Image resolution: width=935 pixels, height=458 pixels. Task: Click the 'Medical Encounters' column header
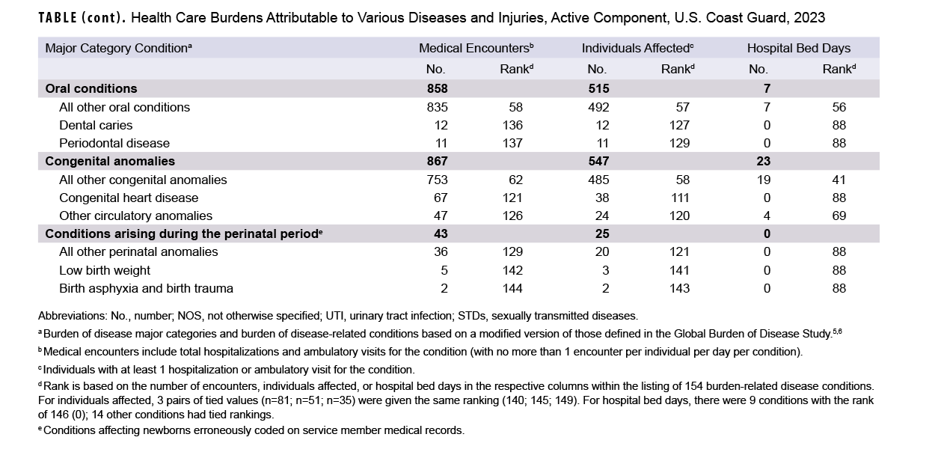click(x=476, y=48)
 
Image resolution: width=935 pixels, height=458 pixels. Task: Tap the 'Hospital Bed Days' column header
click(x=798, y=48)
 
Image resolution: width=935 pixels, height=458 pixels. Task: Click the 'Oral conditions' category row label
click(x=91, y=88)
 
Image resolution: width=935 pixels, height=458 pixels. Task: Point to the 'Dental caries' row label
click(x=96, y=125)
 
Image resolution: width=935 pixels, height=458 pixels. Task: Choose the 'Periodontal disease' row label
click(x=114, y=143)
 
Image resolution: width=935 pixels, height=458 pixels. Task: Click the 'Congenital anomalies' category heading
click(x=110, y=161)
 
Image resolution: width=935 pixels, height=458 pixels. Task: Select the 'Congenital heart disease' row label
click(x=129, y=198)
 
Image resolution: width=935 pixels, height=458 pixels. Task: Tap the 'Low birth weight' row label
click(x=105, y=270)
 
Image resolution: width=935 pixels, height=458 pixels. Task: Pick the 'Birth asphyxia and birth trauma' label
click(x=147, y=288)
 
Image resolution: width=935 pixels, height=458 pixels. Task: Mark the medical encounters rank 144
click(x=512, y=288)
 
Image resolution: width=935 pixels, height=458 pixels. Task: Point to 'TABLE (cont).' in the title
click(x=81, y=17)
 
